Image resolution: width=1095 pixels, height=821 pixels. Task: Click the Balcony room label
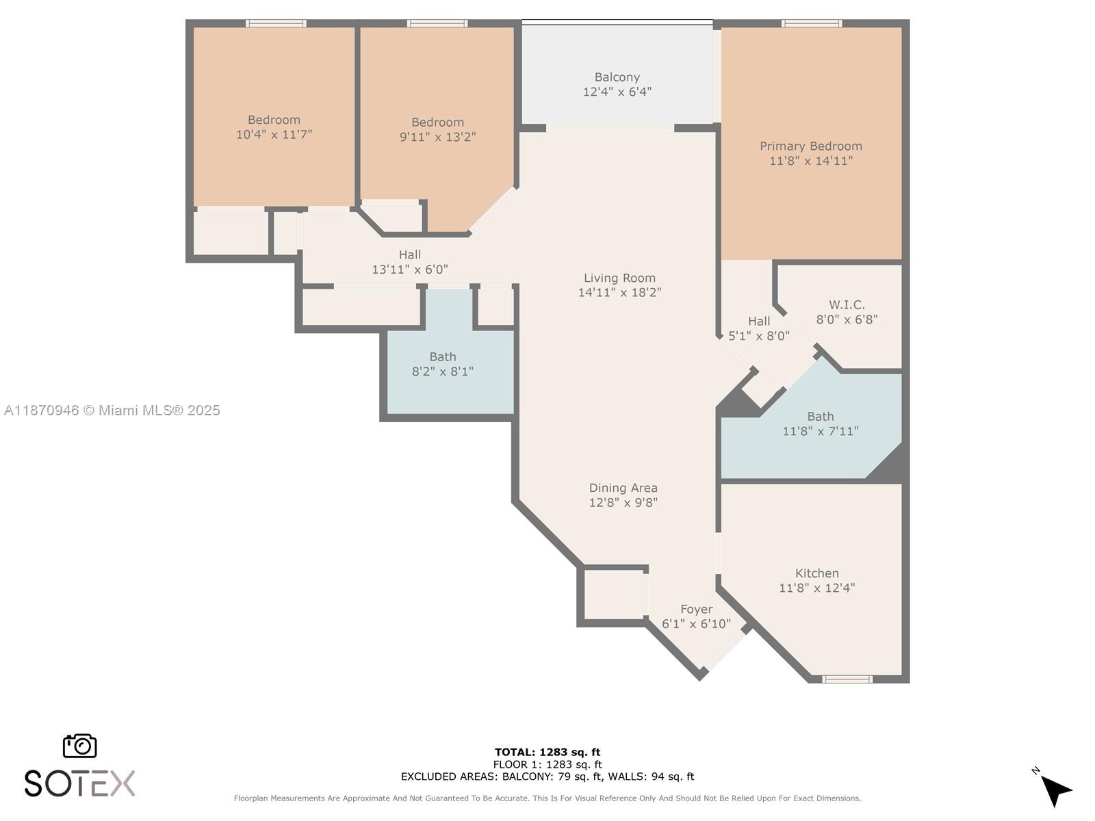point(617,77)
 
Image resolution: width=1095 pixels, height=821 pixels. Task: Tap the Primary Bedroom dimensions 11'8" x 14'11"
point(811,161)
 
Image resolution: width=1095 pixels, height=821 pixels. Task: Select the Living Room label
point(619,278)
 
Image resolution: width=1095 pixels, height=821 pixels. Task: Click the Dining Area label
point(623,488)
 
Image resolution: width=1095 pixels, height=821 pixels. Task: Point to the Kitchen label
point(816,573)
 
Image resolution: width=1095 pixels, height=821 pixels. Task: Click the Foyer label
point(696,609)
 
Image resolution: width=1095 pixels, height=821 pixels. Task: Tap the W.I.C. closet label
point(847,305)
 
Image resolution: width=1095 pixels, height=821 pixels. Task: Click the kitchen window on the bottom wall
point(847,679)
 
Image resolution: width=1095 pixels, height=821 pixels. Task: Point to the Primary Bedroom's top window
point(812,23)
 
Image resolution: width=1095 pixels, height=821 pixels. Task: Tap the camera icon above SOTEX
point(80,746)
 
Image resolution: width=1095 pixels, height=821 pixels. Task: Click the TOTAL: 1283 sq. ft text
point(547,752)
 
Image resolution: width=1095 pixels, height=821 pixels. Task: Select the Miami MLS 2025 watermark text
point(112,410)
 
